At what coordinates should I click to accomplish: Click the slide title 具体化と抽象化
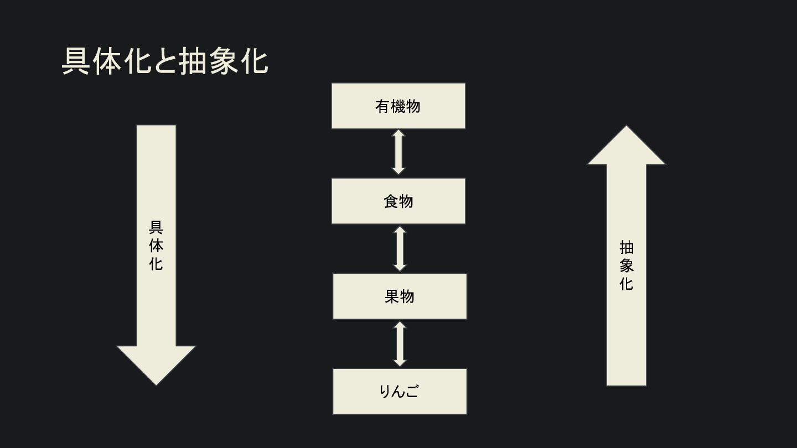[165, 61]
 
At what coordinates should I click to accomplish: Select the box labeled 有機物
[398, 106]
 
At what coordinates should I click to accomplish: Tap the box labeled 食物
[398, 201]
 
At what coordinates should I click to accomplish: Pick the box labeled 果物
[399, 296]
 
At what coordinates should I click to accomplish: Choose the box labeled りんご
[399, 391]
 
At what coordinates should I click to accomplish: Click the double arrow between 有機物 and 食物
[398, 153]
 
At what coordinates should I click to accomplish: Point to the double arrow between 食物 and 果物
[399, 248]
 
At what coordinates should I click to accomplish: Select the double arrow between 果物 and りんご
[399, 343]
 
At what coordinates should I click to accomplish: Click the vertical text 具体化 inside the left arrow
[156, 246]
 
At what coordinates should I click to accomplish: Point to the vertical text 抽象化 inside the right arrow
[627, 265]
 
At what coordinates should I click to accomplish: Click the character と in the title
[165, 61]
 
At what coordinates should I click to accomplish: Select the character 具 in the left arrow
[156, 227]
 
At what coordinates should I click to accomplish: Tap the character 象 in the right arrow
[627, 265]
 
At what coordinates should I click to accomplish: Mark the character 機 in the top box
[398, 106]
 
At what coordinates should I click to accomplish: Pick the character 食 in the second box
[391, 201]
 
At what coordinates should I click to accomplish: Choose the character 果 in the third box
[392, 296]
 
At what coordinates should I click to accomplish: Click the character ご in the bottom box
[412, 392]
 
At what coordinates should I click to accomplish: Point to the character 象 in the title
[225, 61]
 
